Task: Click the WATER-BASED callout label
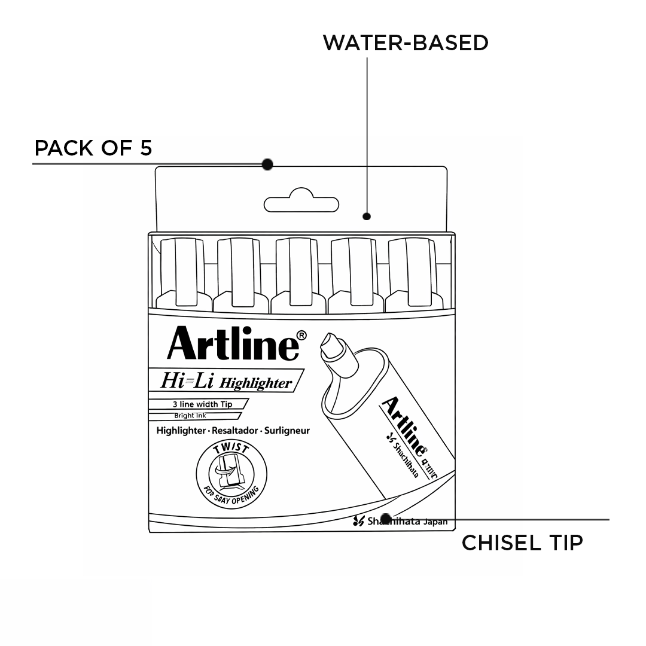pos(406,43)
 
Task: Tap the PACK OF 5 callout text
pos(93,148)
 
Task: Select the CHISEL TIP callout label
pos(522,543)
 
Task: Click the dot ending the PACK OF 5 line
pos(267,164)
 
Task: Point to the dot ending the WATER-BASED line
pos(367,216)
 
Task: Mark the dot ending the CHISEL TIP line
pos(386,518)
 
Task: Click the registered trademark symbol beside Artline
pos(302,335)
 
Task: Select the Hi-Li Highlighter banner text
pos(226,381)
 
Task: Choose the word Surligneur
pos(287,431)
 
